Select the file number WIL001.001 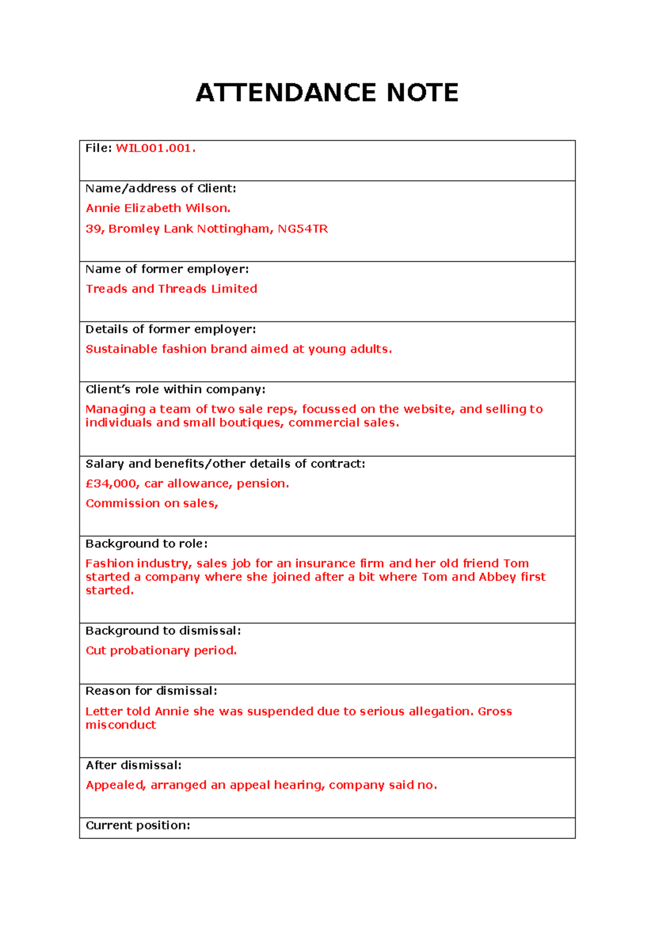click(x=155, y=148)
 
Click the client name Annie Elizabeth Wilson click(x=158, y=208)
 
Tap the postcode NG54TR click(x=303, y=229)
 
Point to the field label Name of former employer click(x=167, y=269)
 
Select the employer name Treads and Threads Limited click(x=171, y=289)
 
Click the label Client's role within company click(x=175, y=389)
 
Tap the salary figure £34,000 click(x=112, y=484)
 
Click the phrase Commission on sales click(x=152, y=503)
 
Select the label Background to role click(x=146, y=544)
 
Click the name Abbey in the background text click(x=497, y=577)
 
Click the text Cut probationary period click(x=161, y=651)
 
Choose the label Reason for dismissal click(x=151, y=691)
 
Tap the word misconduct click(x=121, y=725)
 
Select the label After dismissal click(x=133, y=765)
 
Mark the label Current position click(x=138, y=826)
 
